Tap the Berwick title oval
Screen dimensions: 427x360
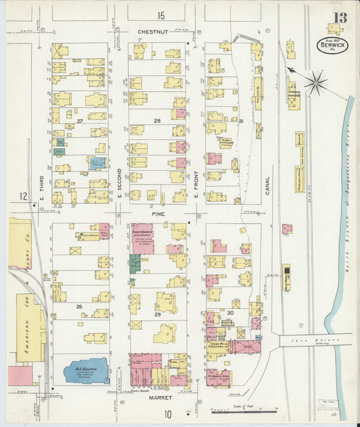tap(334, 46)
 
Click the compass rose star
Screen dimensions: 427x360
tap(315, 83)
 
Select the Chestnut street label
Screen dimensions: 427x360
tap(151, 31)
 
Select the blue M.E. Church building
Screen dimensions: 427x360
tap(86, 371)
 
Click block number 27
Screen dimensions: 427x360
tap(79, 122)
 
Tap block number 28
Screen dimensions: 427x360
tap(157, 122)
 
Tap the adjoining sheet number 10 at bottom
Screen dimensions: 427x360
tap(167, 413)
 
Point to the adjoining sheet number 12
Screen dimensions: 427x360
tap(23, 196)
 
